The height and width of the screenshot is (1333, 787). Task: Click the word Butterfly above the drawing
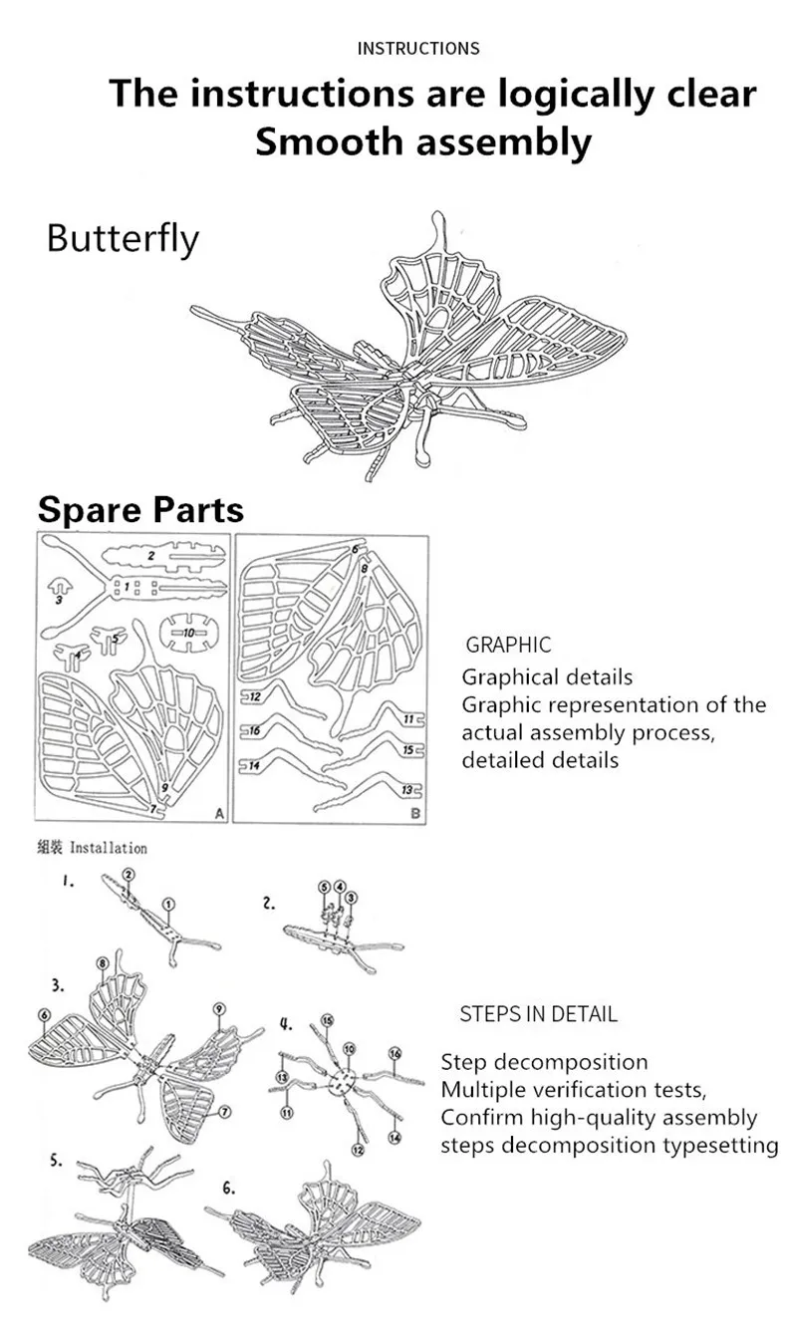pyautogui.click(x=123, y=240)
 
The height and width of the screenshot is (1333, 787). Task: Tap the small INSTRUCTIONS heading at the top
pyautogui.click(x=418, y=48)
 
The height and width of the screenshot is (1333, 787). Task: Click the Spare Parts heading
pyautogui.click(x=140, y=509)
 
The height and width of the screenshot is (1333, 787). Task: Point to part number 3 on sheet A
pyautogui.click(x=60, y=601)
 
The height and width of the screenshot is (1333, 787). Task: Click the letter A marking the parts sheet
pyautogui.click(x=218, y=814)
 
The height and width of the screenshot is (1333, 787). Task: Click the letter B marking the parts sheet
pyautogui.click(x=416, y=814)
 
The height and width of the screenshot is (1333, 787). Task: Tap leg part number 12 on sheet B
pyautogui.click(x=255, y=695)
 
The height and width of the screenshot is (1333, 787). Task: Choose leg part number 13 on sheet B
pyautogui.click(x=406, y=790)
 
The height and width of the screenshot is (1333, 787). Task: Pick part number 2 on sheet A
pyautogui.click(x=151, y=554)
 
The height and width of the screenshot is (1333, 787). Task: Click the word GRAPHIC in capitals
pyautogui.click(x=508, y=646)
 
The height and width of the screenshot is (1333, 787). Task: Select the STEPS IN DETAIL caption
pyautogui.click(x=538, y=1014)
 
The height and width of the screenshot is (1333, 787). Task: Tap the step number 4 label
pyautogui.click(x=286, y=1022)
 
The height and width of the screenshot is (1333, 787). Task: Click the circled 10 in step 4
pyautogui.click(x=349, y=1049)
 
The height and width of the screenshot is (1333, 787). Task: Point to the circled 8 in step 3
pyautogui.click(x=103, y=963)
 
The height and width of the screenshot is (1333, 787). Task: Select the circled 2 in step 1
pyautogui.click(x=129, y=874)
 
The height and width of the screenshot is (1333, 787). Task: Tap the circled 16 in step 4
pyautogui.click(x=394, y=1053)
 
